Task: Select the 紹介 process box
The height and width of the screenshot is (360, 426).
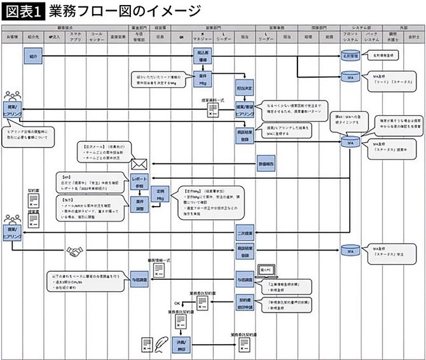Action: [x=33, y=57]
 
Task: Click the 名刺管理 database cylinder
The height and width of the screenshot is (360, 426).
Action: [x=350, y=56]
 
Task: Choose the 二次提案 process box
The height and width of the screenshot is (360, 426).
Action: [x=245, y=232]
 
